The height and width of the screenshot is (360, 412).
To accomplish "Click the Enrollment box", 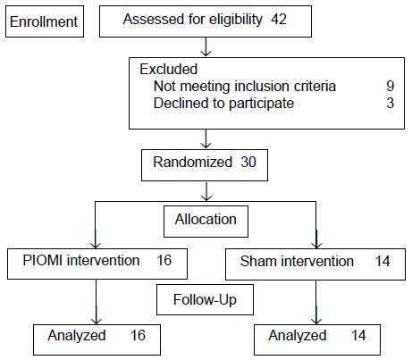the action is pos(45,21).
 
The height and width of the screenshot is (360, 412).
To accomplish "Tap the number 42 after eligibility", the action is pos(279,20).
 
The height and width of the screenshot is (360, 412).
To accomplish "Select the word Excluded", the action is pos(169,69).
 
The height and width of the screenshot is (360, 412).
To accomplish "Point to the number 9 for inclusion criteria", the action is pos(391,86).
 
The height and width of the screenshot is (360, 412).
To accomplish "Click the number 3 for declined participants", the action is pos(391,103).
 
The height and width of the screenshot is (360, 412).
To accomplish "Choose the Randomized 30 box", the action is pos(205,165).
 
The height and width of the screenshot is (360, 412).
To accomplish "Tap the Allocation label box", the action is pos(206,222).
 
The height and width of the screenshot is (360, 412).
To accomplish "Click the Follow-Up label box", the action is pos(205,299).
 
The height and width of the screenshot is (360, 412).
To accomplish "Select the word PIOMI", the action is pos(43,260).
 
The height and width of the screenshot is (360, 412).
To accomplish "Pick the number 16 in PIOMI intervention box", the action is pos(164,260).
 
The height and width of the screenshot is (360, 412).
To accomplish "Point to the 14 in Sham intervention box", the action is pos(383,261).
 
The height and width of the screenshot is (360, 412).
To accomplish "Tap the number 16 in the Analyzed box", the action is pos(138,335).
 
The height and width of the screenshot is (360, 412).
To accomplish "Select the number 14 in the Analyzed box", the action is pos(358,336).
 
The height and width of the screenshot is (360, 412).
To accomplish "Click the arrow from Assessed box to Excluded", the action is pos(206,46).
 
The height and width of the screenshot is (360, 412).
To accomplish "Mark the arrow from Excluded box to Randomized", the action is pos(206,138).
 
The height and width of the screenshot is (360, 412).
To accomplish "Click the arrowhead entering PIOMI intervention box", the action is pos(96,245).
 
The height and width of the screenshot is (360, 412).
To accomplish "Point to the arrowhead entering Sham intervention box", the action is pos(316,245).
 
